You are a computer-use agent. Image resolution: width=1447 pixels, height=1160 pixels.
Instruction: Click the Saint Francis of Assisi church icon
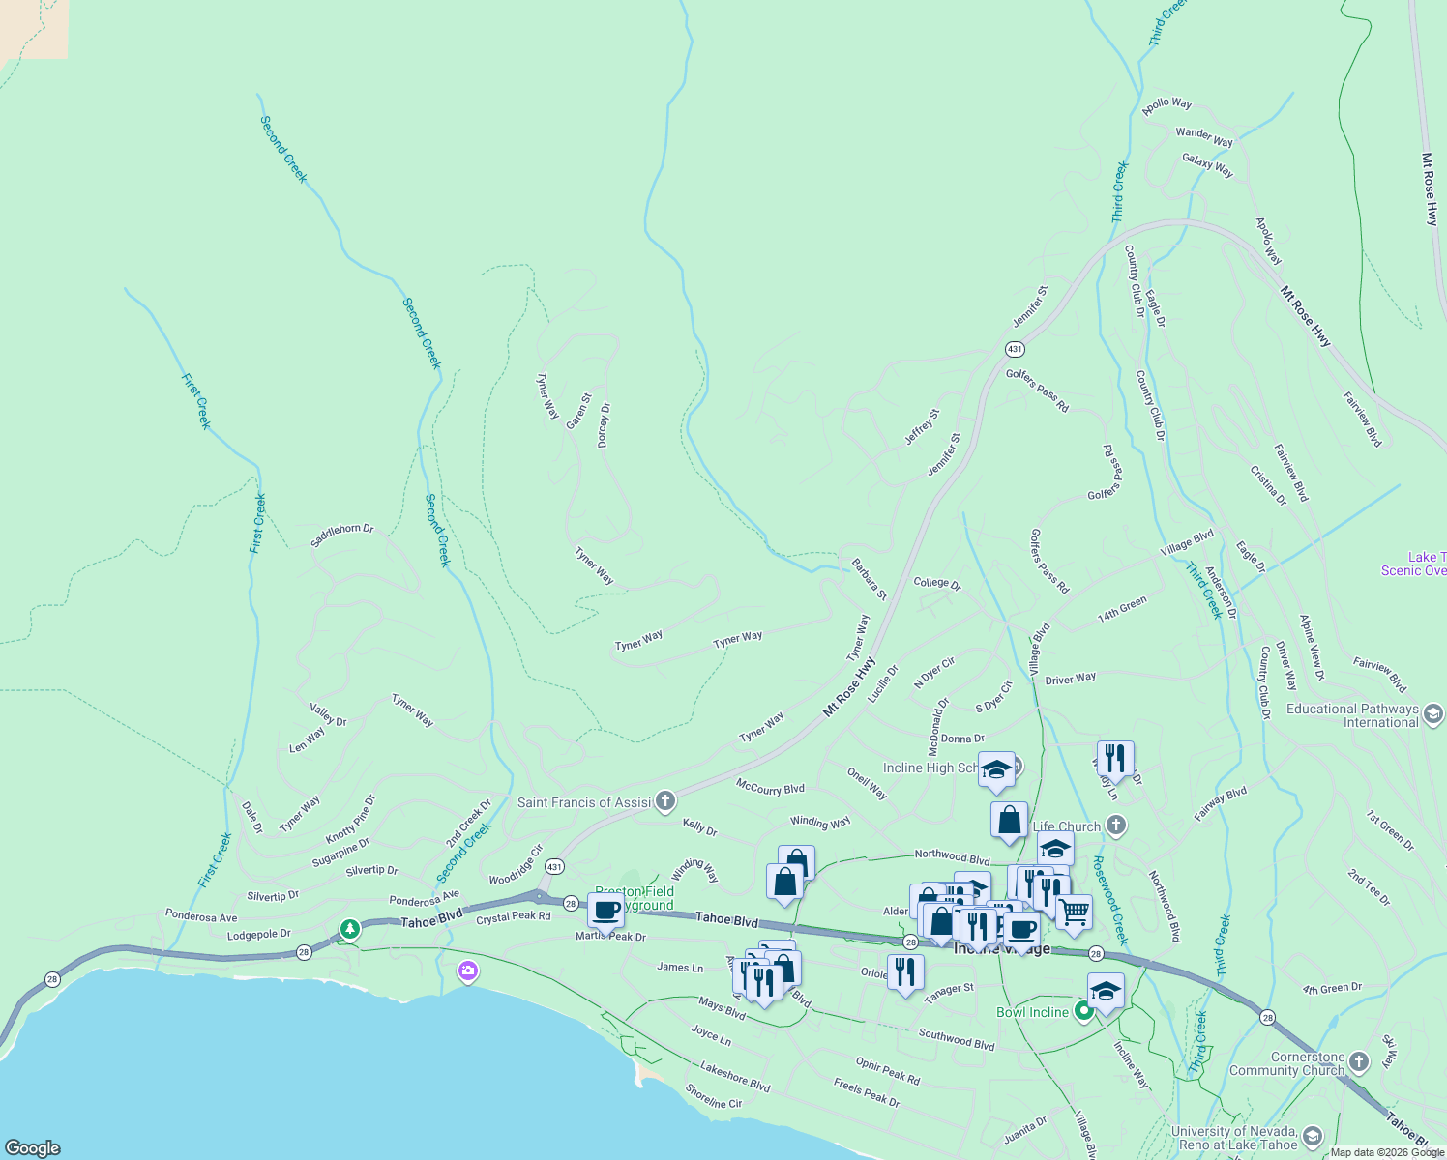[x=664, y=800]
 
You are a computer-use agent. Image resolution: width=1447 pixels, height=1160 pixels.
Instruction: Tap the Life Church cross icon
[x=1116, y=825]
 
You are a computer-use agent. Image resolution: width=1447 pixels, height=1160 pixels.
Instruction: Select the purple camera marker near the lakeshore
[x=468, y=971]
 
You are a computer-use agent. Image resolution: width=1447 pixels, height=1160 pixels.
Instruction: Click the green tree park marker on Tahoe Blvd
[x=349, y=929]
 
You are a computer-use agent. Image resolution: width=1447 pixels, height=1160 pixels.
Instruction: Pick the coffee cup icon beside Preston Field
[x=605, y=910]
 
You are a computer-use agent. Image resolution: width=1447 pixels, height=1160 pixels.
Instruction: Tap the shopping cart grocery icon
[x=1074, y=911]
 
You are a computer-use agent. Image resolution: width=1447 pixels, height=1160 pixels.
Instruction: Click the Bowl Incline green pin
[x=1084, y=1011]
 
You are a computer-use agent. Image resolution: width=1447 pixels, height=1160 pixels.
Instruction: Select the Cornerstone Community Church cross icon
[x=1359, y=1062]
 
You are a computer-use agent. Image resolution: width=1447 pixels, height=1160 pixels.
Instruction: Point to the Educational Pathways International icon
[x=1433, y=714]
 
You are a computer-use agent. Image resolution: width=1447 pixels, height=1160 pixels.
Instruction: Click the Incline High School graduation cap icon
[x=996, y=770]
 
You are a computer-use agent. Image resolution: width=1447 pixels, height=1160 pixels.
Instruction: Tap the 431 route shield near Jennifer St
[x=1014, y=349]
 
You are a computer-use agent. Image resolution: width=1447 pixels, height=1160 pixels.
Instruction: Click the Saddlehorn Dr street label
[x=341, y=535]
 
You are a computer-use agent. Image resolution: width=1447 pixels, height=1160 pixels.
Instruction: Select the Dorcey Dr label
[x=604, y=424]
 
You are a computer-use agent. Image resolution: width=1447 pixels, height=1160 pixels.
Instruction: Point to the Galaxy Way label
[x=1207, y=165]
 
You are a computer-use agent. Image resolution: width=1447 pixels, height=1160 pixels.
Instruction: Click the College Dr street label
[x=936, y=583]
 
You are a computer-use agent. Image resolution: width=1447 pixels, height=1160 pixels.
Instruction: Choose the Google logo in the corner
[x=33, y=1147]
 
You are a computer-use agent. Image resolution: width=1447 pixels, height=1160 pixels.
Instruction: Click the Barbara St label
[x=869, y=578]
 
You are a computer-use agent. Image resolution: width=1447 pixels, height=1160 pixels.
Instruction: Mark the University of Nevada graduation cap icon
[x=1312, y=1136]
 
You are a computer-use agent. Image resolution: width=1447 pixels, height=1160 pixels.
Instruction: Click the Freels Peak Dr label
[x=866, y=1093]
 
